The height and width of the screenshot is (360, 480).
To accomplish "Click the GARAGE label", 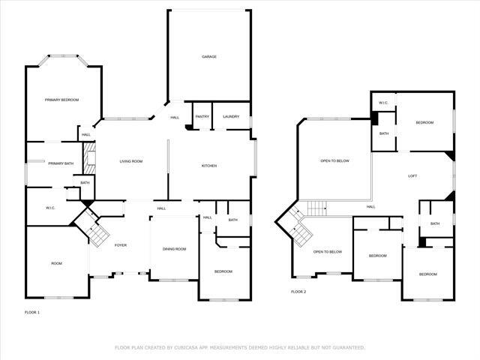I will [208, 56].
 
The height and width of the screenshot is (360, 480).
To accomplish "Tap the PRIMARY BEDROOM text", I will [61, 100].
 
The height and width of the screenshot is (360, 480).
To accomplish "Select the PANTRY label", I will [202, 116].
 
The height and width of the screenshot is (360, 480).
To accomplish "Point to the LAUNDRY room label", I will [231, 116].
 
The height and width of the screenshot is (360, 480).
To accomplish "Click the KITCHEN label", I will [208, 165].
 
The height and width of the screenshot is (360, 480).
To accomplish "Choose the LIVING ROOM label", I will [131, 161].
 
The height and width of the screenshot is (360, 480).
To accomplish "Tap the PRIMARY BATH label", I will [61, 163].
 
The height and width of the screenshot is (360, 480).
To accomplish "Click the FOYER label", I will [121, 245].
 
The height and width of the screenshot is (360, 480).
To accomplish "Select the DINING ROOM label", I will [174, 248].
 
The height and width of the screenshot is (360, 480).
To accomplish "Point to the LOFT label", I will [412, 176].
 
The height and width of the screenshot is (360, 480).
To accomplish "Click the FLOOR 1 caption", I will [32, 311].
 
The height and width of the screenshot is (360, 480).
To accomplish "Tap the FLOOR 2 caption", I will [298, 291].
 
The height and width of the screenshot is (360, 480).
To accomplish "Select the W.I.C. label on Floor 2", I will [382, 103].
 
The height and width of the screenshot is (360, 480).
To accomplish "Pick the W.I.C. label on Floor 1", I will [51, 208].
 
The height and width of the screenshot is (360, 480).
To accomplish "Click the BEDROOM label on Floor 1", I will [223, 271].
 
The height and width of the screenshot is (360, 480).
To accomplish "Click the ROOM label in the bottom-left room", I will [56, 263].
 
